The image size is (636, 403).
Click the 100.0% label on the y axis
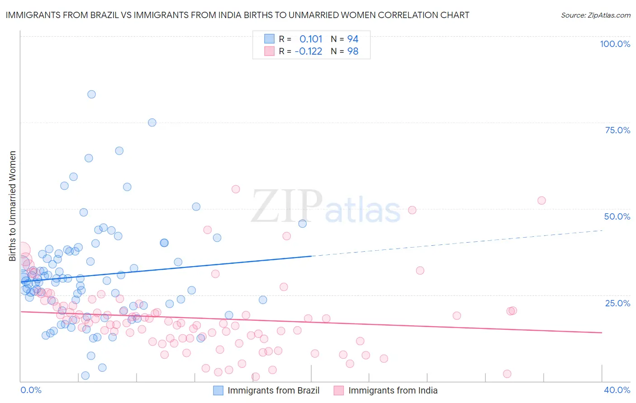pyautogui.click(x=615, y=44)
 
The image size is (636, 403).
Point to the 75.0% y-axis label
pyautogui.click(x=617, y=130)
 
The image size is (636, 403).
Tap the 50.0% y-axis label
pyautogui.click(x=617, y=216)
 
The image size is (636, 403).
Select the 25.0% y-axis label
pyautogui.click(x=617, y=303)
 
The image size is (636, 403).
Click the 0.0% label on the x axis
pyautogui.click(x=31, y=390)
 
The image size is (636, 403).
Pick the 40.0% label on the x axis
pyautogui.click(x=617, y=390)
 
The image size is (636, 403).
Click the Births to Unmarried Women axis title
pyautogui.click(x=12, y=206)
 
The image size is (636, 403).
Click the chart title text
pyautogui.click(x=237, y=15)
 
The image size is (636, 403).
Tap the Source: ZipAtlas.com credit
pyautogui.click(x=595, y=15)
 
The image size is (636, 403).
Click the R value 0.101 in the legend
pyautogui.click(x=311, y=39)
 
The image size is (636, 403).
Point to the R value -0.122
pyautogui.click(x=308, y=51)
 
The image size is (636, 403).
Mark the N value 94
pyautogui.click(x=353, y=39)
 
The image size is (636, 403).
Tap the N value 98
pyautogui.click(x=353, y=51)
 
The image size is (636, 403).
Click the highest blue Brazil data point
pyautogui.click(x=91, y=94)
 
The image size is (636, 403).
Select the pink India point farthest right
pyautogui.click(x=541, y=201)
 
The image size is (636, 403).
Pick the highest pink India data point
pyautogui.click(x=236, y=189)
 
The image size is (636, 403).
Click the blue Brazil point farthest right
pyautogui.click(x=303, y=224)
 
